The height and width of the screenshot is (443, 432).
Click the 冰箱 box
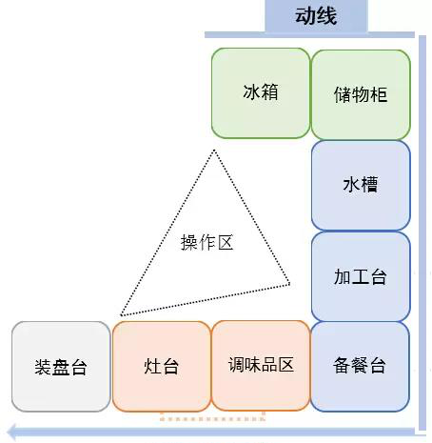click(x=261, y=93)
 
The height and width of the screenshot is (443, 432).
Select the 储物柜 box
click(x=361, y=94)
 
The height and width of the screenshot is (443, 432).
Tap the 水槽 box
click(x=361, y=186)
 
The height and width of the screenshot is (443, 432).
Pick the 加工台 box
click(x=361, y=276)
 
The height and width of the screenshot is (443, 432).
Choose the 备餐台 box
click(x=360, y=367)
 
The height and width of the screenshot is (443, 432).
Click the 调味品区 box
click(x=261, y=365)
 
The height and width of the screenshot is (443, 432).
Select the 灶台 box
click(x=161, y=366)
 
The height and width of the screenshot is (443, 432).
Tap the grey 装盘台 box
click(x=61, y=367)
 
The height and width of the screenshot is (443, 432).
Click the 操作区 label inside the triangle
click(x=206, y=243)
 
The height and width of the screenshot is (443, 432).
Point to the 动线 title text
click(x=316, y=16)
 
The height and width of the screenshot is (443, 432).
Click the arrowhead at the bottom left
click(x=12, y=433)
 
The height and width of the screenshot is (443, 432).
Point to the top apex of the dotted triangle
click(x=214, y=151)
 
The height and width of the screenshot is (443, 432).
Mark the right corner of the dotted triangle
click(x=289, y=284)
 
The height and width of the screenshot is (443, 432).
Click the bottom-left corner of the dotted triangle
click(x=121, y=315)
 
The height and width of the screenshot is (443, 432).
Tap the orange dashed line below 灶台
click(x=212, y=419)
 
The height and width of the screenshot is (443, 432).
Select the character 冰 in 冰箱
click(x=252, y=92)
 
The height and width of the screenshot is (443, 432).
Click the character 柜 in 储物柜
click(x=379, y=94)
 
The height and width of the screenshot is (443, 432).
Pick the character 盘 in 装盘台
click(x=61, y=367)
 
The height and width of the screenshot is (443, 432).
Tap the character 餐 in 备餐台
click(x=360, y=365)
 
